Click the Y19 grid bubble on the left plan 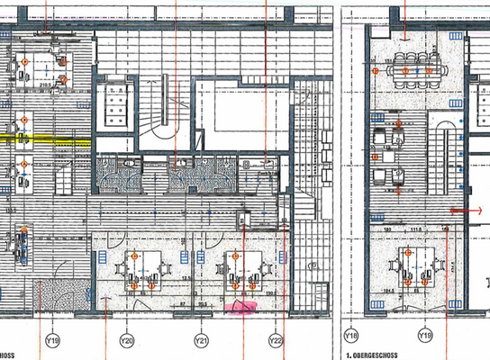52,341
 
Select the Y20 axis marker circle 126,341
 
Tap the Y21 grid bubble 202,341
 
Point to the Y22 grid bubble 277,341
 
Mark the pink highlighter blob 243,307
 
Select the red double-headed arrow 466,209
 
